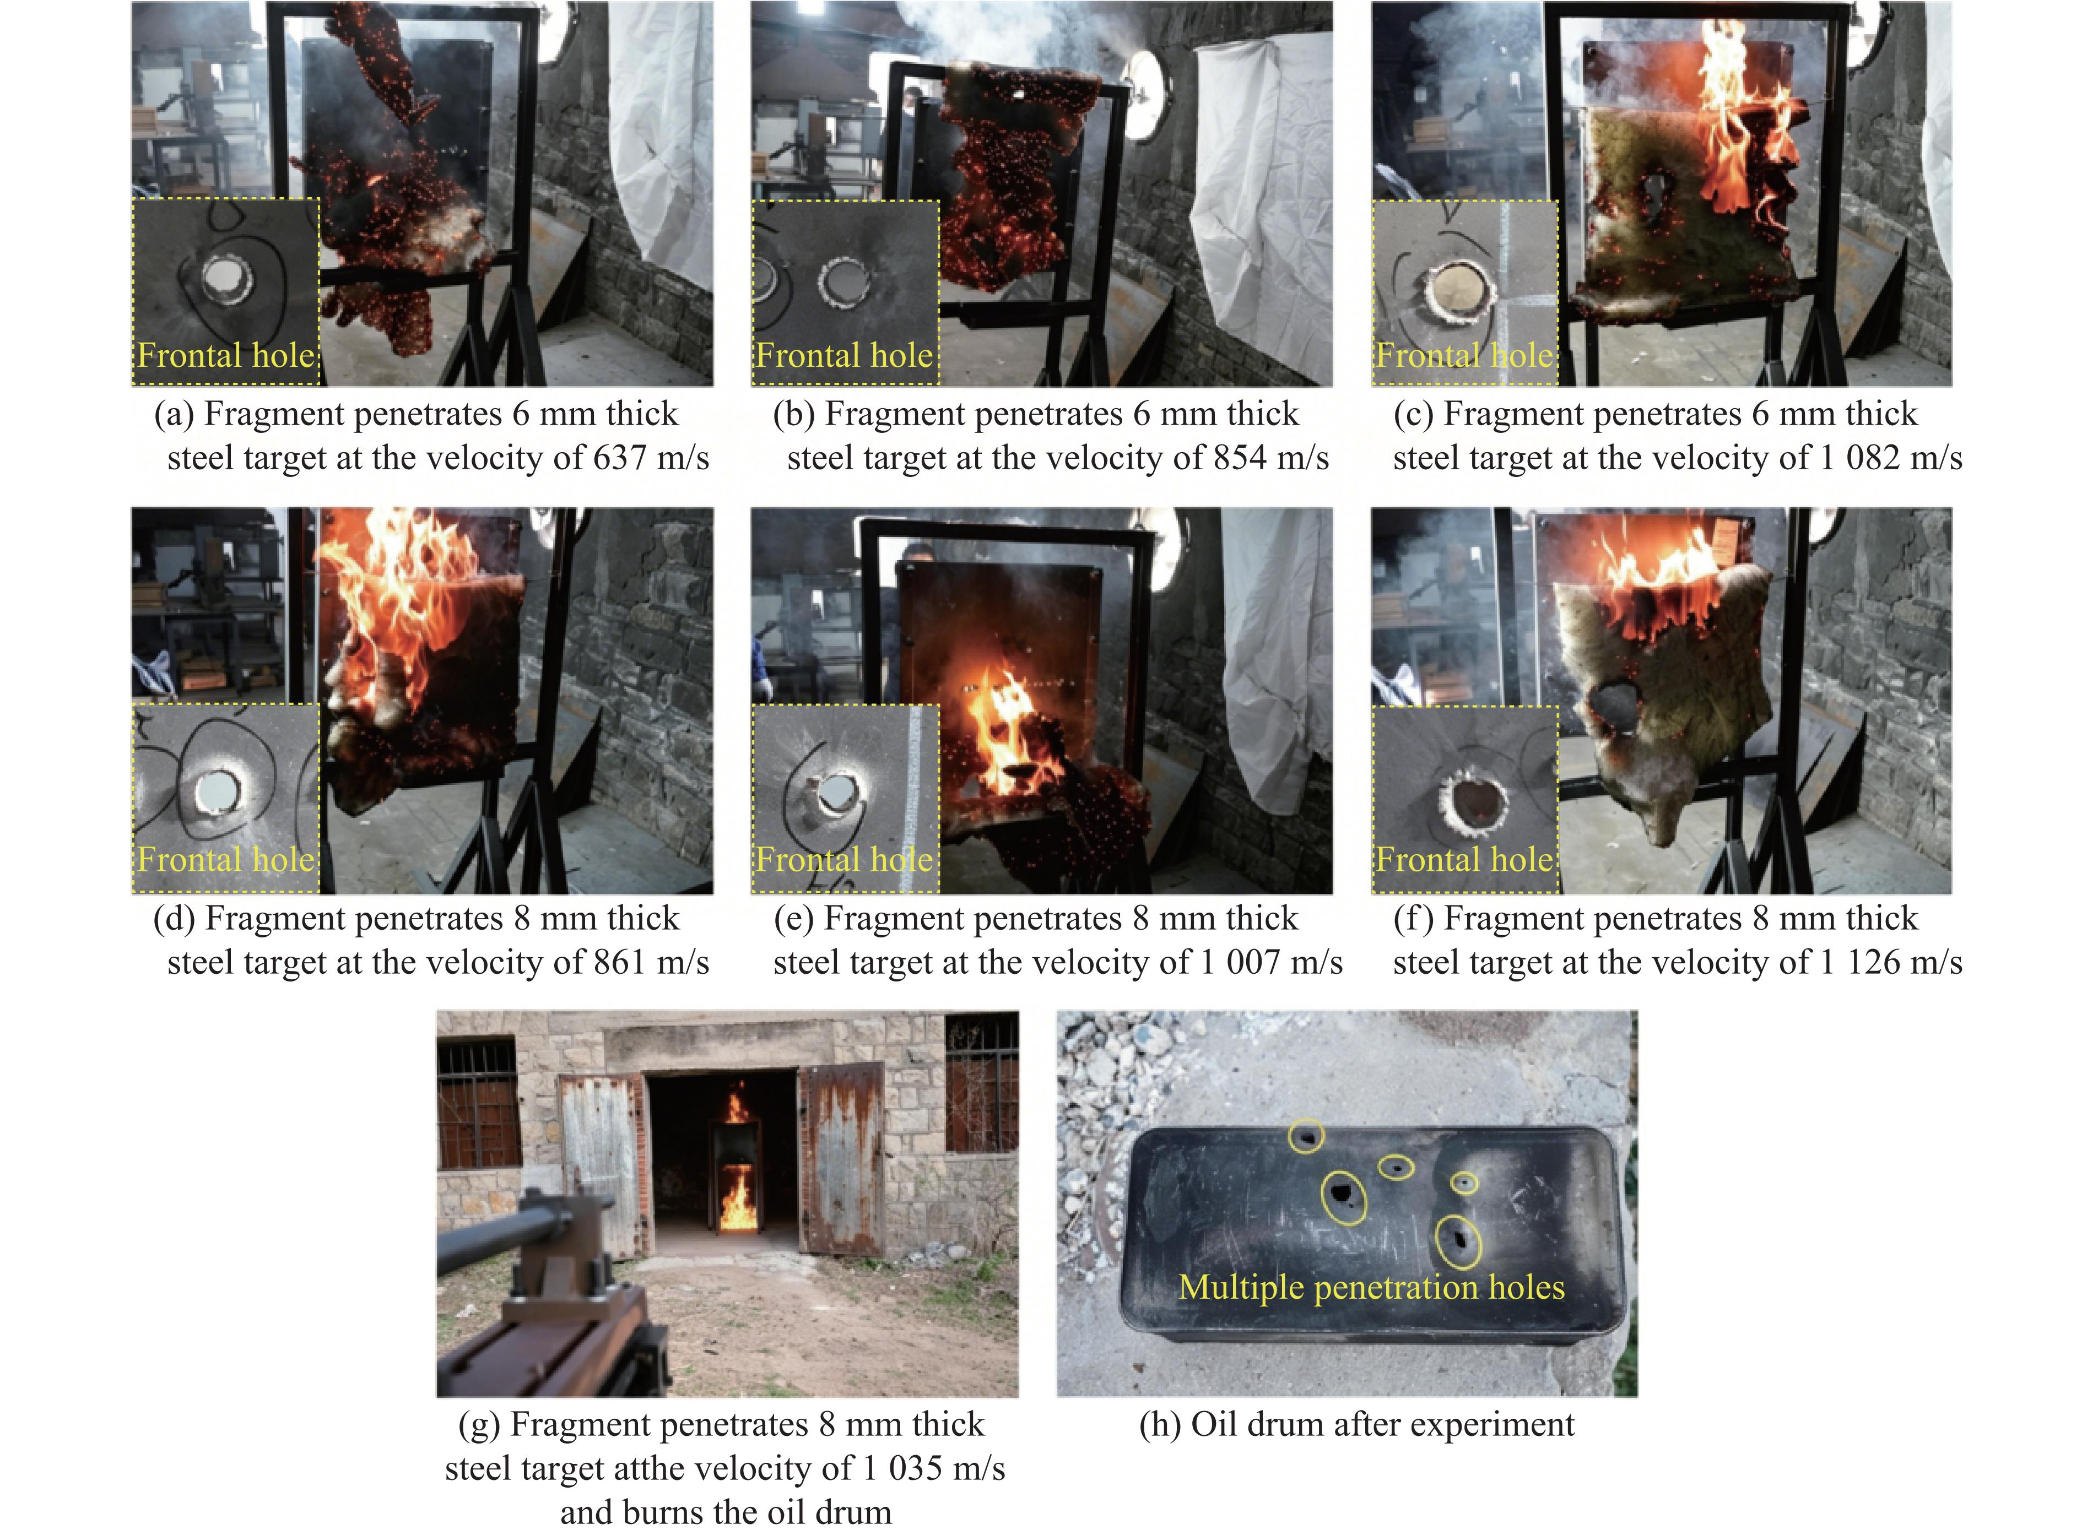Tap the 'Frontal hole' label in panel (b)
[844, 356]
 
